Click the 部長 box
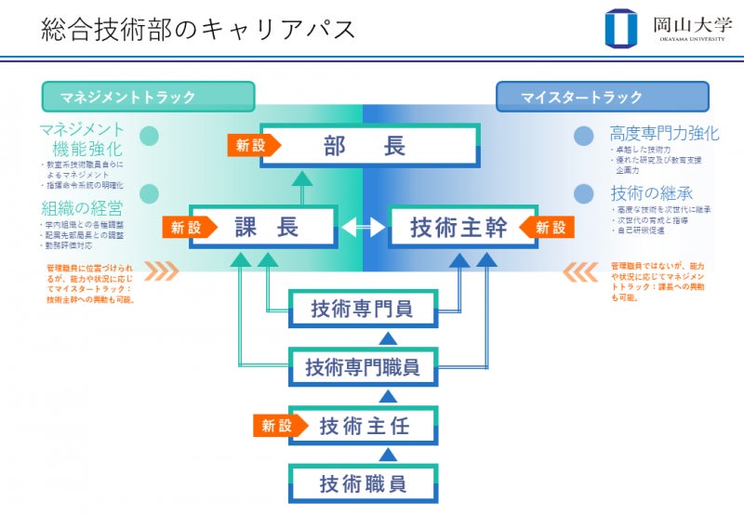tap(370, 146)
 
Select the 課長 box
tap(263, 227)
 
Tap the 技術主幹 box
tap(458, 227)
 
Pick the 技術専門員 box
tap(363, 308)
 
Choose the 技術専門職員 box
tap(363, 366)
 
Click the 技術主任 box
tap(364, 426)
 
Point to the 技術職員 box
tap(363, 483)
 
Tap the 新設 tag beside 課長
tap(189, 227)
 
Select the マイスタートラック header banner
tap(602, 97)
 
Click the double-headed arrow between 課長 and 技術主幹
tap(362, 227)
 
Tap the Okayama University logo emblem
tap(621, 27)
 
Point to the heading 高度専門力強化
tap(664, 133)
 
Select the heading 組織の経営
tap(82, 207)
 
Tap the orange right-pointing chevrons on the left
tap(160, 271)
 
